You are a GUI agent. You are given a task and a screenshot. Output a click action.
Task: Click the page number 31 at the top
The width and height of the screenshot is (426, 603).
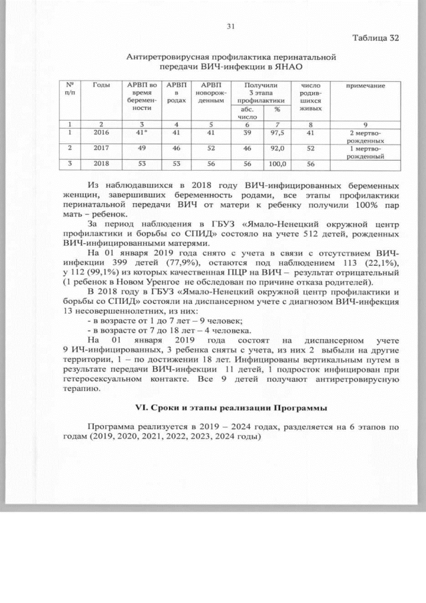pyautogui.click(x=231, y=26)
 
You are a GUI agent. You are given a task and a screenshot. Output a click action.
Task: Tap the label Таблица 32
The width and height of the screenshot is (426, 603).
pyautogui.click(x=375, y=37)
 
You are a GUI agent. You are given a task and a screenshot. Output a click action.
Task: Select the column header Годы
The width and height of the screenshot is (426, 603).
pyautogui.click(x=101, y=86)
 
